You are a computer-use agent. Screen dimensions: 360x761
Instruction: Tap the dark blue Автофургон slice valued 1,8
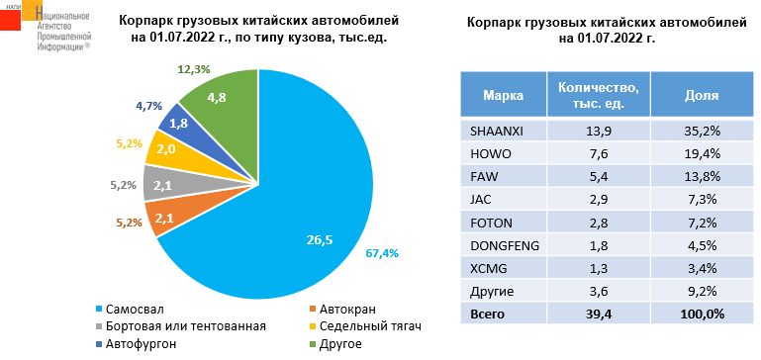[179, 124]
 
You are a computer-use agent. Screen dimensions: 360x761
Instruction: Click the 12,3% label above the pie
[194, 69]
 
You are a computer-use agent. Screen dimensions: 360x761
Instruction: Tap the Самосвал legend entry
[136, 309]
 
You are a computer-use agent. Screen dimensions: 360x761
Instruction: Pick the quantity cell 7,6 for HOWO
[598, 152]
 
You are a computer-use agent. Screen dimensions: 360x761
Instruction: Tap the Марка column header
[503, 96]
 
